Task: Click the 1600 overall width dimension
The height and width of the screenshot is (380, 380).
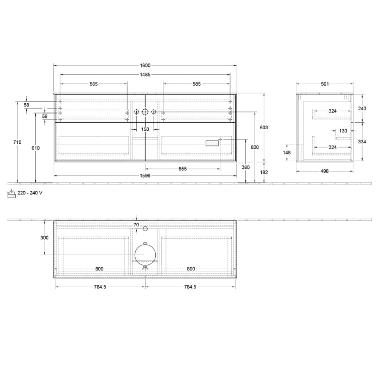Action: point(145,66)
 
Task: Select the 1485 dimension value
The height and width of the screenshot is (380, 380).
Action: point(145,75)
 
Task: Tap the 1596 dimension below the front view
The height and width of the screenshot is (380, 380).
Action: point(145,176)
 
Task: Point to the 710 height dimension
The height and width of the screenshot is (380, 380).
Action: point(17,142)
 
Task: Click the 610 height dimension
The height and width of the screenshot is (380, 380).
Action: point(36,148)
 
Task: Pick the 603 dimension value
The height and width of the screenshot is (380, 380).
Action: point(264,127)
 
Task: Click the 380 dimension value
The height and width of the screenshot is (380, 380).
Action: point(246,167)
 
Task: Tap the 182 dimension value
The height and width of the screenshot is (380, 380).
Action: point(264,172)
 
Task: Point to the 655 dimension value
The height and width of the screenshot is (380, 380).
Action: point(182,169)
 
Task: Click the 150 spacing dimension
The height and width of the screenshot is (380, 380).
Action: point(145,129)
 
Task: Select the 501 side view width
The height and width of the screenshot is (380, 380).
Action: point(325,84)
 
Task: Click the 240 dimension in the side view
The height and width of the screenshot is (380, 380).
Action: point(363,108)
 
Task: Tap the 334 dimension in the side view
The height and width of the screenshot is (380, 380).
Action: point(363,142)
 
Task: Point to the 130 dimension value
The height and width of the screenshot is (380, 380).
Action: point(343,131)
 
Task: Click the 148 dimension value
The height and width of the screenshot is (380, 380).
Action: point(287,153)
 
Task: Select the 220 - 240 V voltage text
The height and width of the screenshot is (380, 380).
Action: point(30,193)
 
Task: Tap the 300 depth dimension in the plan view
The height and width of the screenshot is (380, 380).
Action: point(45,238)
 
